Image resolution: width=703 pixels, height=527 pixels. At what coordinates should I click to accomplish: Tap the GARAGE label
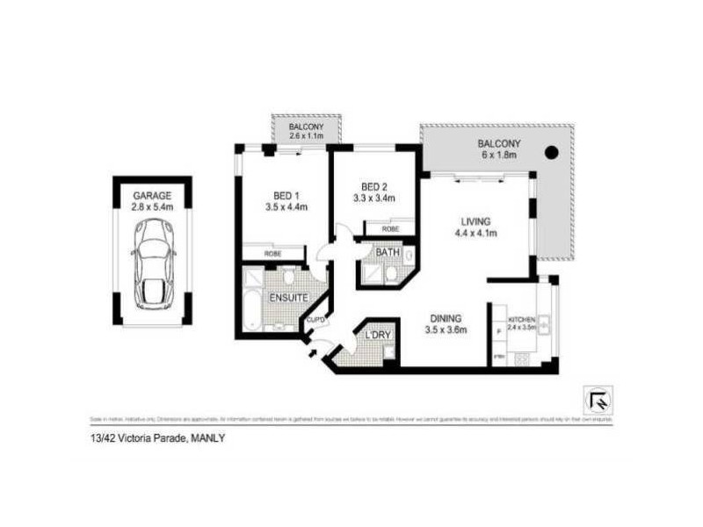152,195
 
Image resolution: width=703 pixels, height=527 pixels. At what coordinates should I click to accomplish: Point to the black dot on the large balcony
551,153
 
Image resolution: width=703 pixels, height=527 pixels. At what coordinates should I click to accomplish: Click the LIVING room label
474,221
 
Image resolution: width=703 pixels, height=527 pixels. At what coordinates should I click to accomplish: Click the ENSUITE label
288,299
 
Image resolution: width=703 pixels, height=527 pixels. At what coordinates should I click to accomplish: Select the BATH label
388,253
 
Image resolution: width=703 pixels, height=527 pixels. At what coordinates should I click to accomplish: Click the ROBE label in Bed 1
273,255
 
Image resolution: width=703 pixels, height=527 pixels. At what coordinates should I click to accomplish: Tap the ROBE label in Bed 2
389,228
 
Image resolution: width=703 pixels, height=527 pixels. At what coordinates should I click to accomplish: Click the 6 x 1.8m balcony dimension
498,155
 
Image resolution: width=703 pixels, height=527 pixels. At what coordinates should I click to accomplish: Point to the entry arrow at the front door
313,353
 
